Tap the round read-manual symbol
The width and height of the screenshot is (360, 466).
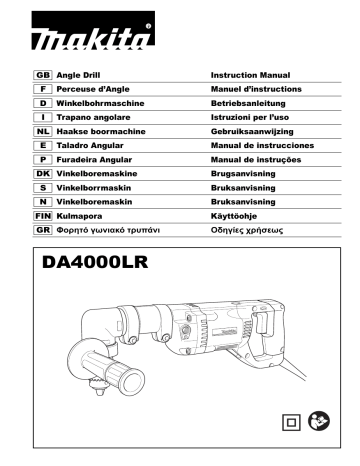(317, 422)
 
